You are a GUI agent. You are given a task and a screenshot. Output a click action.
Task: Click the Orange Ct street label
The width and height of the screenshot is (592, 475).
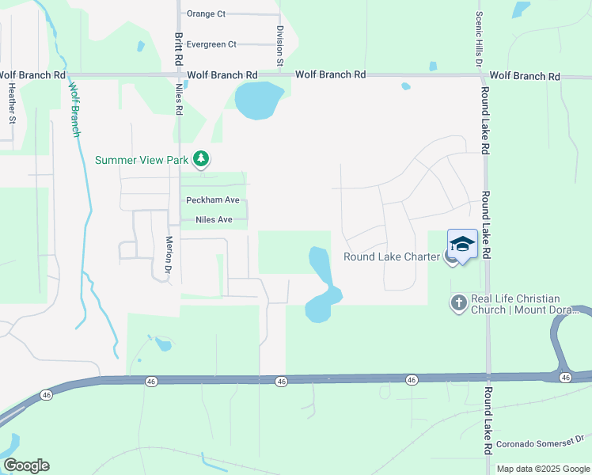click(206, 14)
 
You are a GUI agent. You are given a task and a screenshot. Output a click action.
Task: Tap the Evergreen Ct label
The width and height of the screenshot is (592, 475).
click(211, 44)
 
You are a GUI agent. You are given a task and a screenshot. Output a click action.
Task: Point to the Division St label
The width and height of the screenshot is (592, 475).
click(280, 44)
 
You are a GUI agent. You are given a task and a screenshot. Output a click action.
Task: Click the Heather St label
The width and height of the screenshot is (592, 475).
click(12, 104)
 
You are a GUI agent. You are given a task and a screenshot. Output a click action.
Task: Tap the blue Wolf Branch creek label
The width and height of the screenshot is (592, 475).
click(74, 110)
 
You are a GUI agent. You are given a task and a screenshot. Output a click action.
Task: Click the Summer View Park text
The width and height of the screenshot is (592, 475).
click(142, 160)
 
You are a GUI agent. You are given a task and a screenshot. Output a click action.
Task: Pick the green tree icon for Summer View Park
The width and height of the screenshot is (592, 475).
click(202, 160)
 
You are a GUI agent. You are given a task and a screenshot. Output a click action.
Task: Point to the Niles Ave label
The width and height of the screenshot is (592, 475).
click(208, 219)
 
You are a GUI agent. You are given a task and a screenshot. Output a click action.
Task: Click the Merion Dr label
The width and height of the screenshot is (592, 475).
click(169, 255)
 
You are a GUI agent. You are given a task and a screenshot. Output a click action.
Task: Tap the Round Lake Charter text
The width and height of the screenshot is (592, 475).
click(391, 256)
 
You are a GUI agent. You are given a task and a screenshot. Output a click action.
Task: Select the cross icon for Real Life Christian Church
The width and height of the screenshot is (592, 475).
click(458, 302)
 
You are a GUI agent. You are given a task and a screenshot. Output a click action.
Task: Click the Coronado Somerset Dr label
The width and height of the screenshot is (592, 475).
click(539, 438)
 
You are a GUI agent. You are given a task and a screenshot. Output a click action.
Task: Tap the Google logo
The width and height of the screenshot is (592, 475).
click(26, 465)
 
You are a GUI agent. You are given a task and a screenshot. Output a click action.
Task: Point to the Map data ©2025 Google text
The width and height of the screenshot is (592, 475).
click(542, 469)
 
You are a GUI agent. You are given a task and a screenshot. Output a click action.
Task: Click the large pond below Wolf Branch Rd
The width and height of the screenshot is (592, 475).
click(259, 101)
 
